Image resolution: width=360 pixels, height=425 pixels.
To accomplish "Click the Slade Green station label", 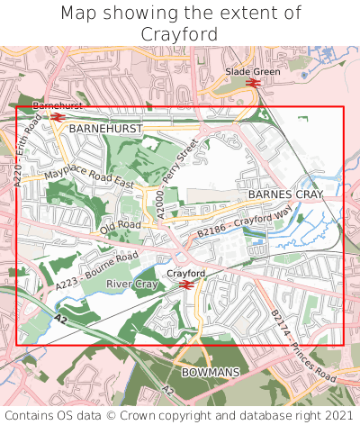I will click(x=253, y=71).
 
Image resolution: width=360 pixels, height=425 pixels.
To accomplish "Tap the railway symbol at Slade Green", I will click(x=252, y=84).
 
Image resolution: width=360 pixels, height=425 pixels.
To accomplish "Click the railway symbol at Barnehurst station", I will click(x=58, y=117).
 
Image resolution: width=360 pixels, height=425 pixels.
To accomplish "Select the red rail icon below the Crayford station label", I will click(x=186, y=285).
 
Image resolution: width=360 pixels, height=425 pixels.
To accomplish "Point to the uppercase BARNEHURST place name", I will click(x=105, y=130).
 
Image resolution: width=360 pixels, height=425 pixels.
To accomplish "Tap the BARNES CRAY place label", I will click(x=285, y=194).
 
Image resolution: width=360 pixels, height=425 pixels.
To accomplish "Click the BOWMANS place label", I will click(x=210, y=371).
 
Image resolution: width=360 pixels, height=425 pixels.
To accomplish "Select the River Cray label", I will click(x=132, y=285).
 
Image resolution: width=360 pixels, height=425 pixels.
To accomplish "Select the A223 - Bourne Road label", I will click(x=95, y=270).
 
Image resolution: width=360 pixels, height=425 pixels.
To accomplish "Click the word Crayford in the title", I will click(x=180, y=34).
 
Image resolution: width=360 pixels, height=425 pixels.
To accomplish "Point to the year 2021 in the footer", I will click(x=337, y=415).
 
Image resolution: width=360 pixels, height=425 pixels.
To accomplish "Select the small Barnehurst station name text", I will click(x=58, y=106).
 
